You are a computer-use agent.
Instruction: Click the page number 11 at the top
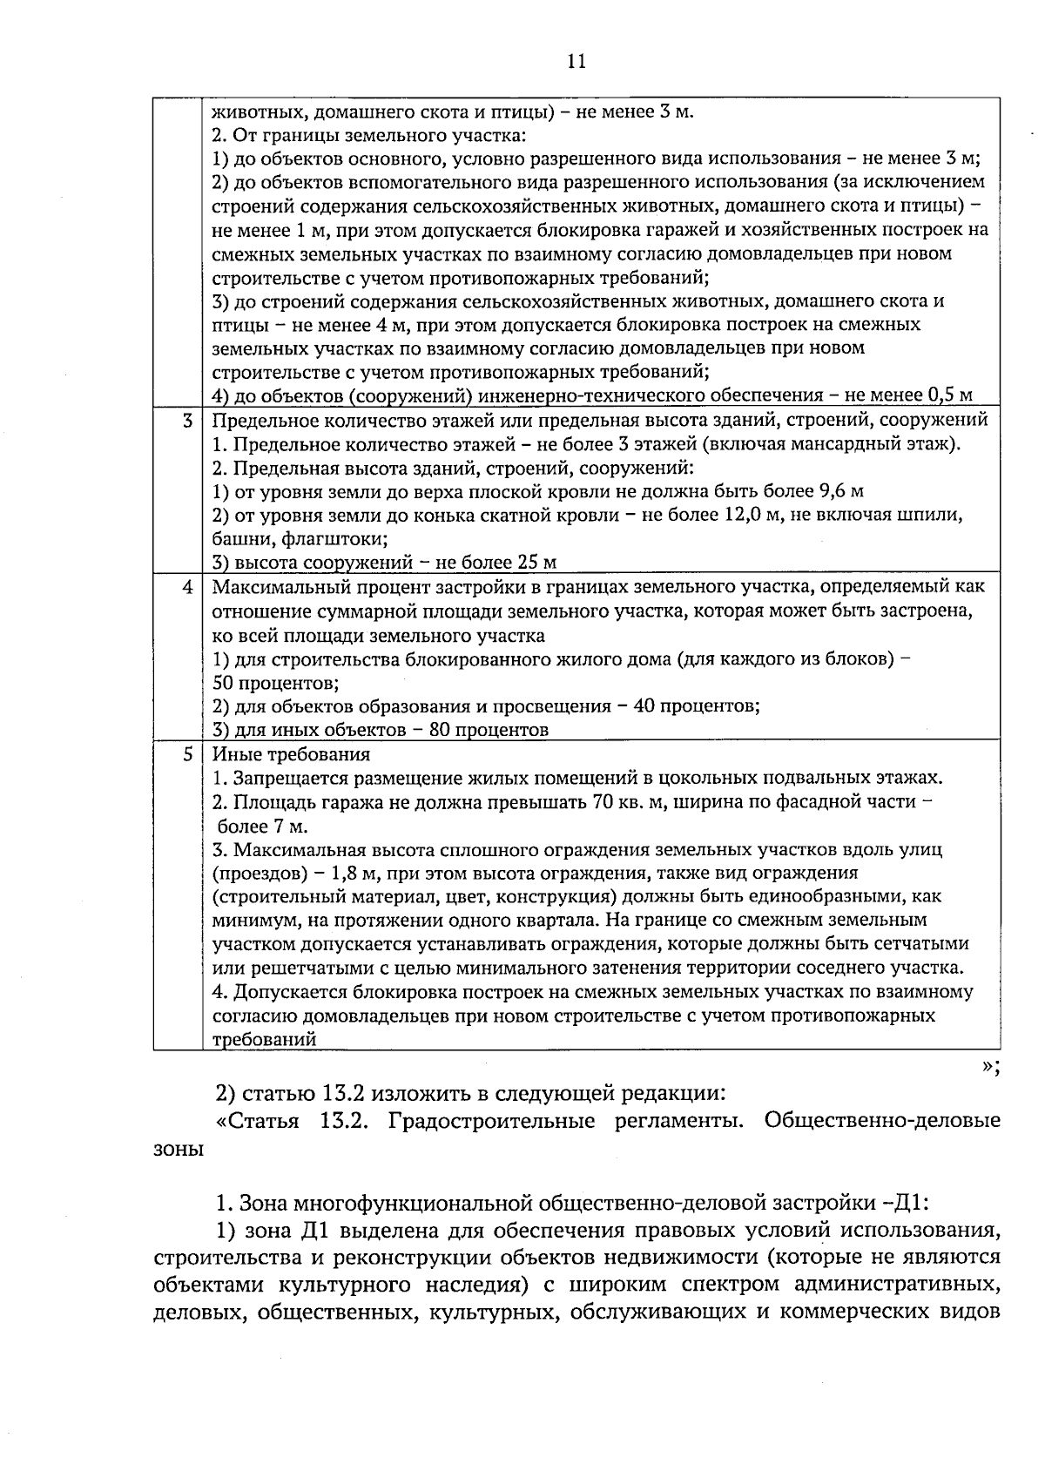point(576,61)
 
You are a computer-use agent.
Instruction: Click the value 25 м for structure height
point(537,563)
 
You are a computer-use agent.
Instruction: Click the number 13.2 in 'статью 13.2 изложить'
point(338,1093)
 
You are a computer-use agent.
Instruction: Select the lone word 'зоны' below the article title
point(178,1151)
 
